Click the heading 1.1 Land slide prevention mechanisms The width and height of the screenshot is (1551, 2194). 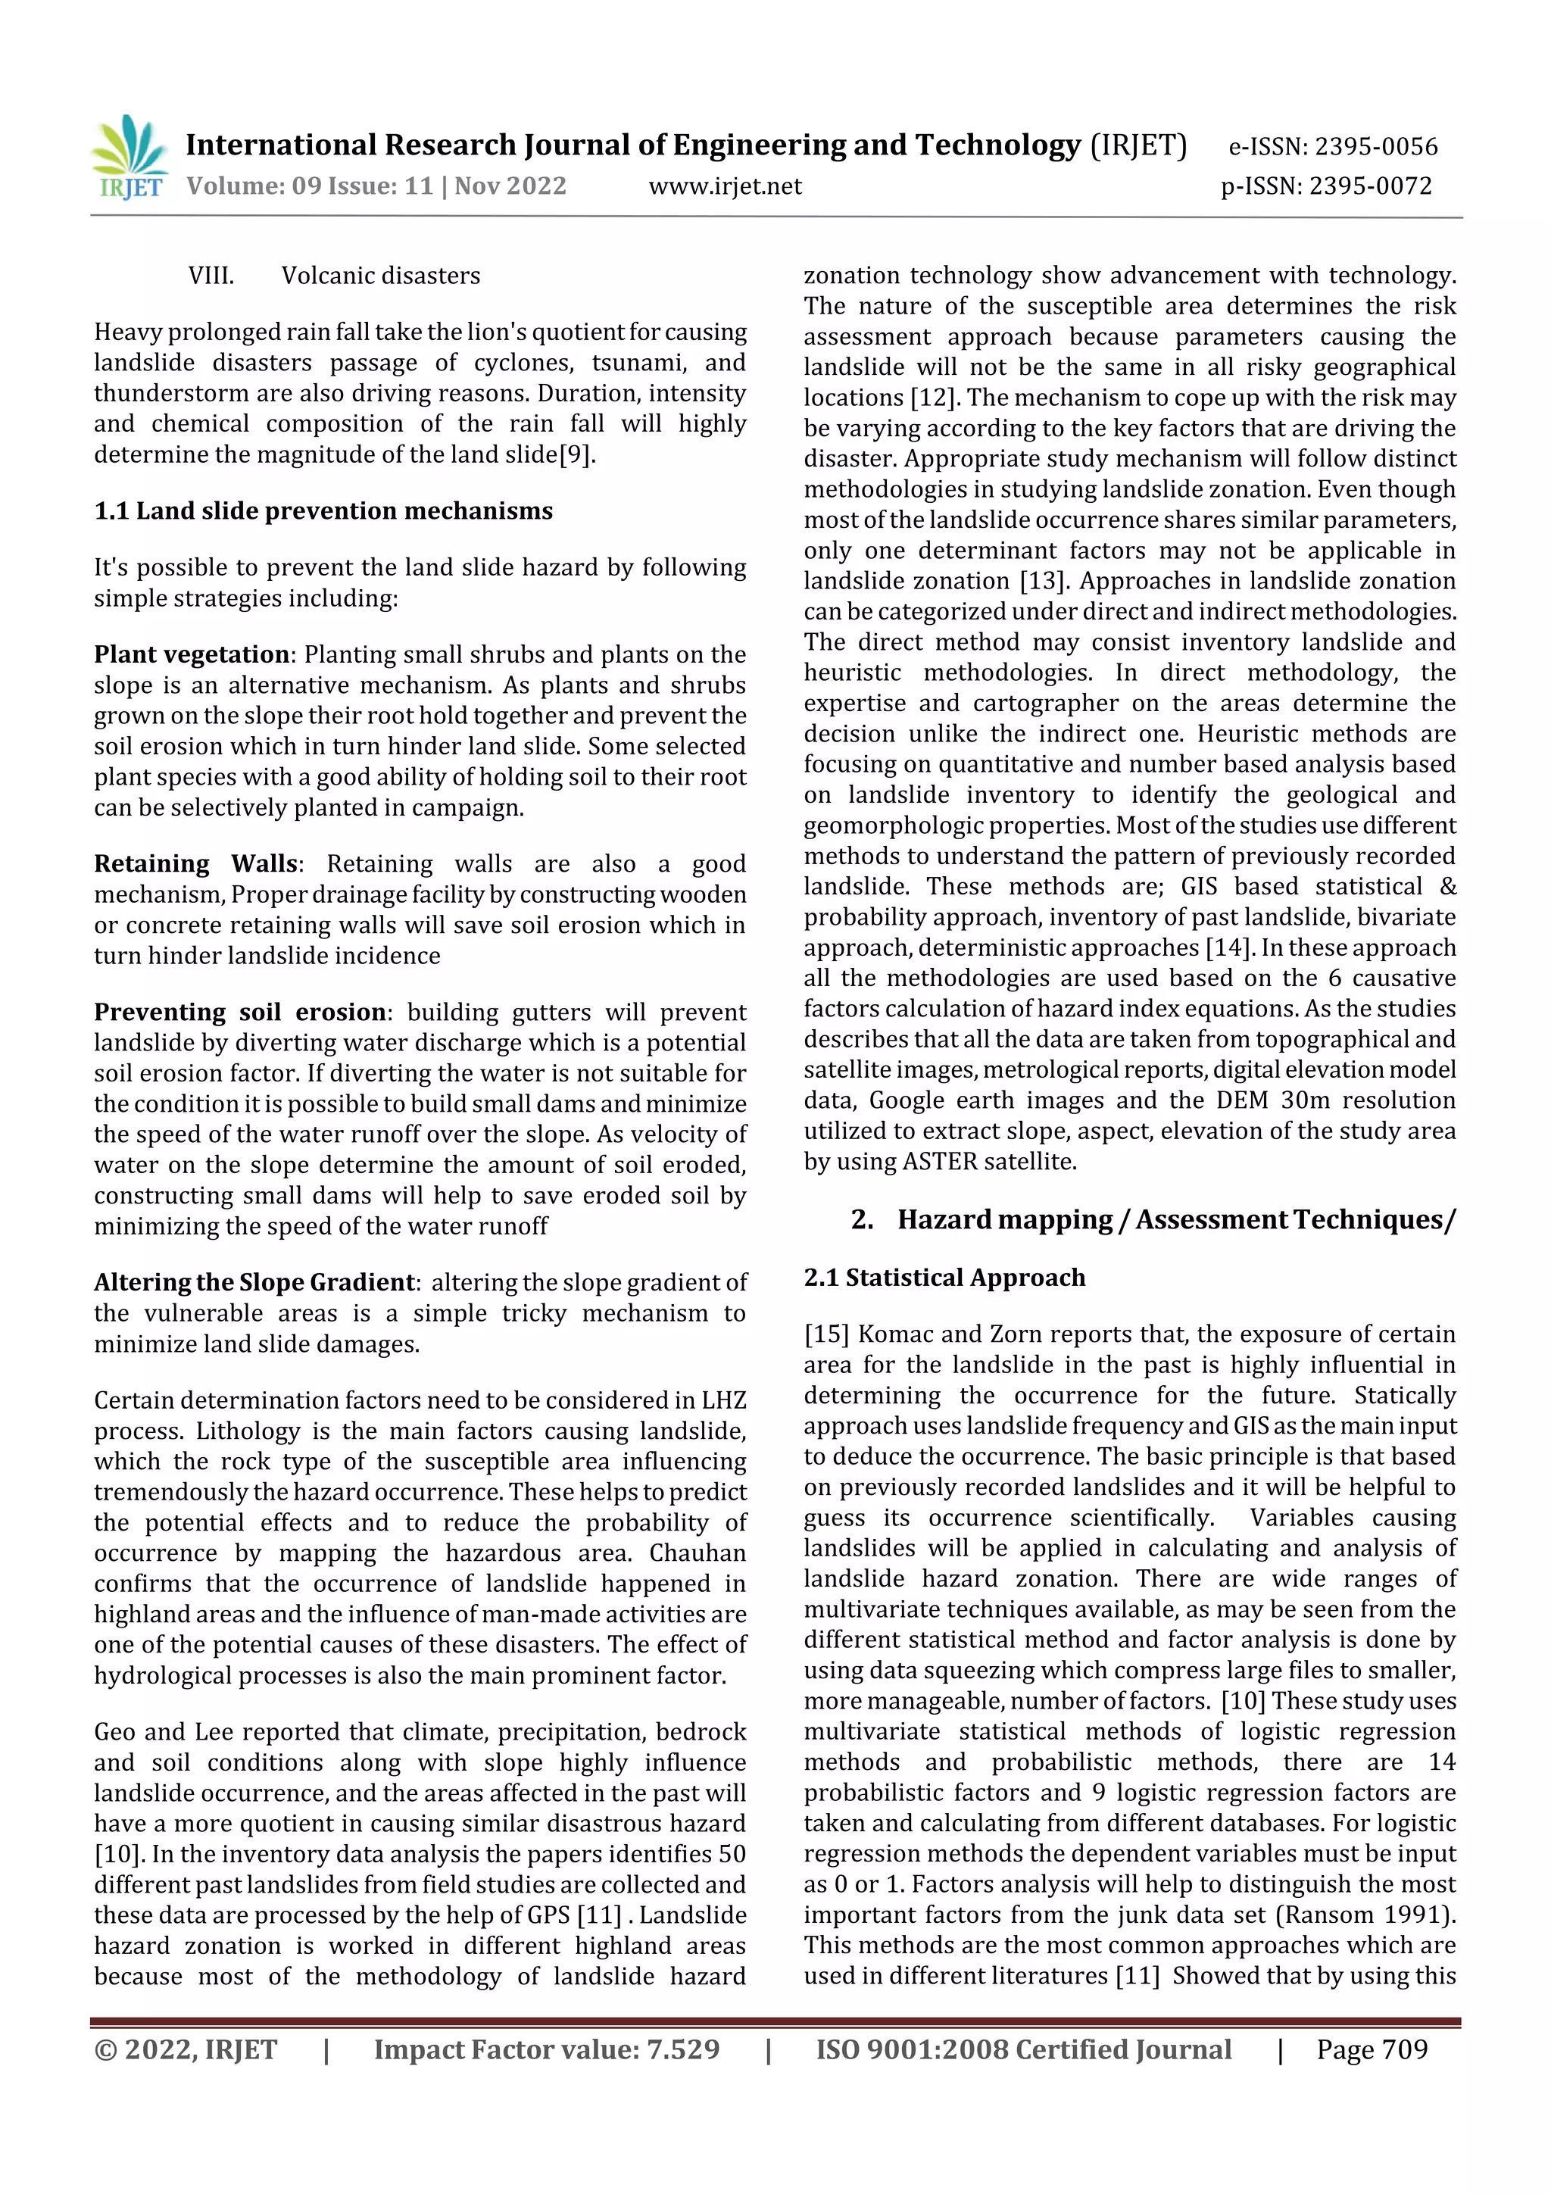(323, 511)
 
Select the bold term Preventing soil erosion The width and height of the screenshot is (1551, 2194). (239, 1012)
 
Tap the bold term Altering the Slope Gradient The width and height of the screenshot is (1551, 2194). (254, 1282)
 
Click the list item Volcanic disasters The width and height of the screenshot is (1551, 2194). (380, 276)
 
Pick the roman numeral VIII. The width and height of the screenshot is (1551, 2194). (211, 276)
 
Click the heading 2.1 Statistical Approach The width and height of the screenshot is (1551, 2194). (944, 1278)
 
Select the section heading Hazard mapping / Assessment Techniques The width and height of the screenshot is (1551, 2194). (1175, 1219)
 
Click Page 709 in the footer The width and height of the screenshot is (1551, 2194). (1372, 2049)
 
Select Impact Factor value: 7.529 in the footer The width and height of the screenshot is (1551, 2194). (547, 2049)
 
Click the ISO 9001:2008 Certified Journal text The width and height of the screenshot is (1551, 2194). (1022, 2049)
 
